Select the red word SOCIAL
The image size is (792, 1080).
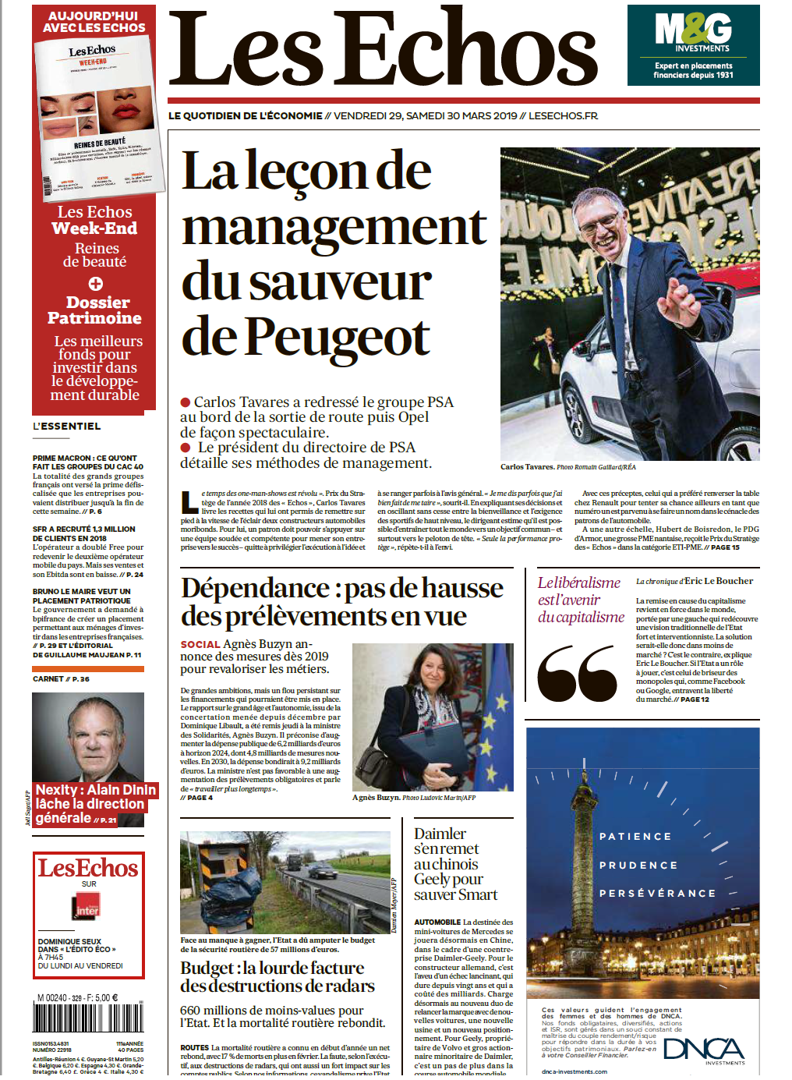tap(200, 645)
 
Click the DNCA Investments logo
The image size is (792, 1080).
tap(705, 1050)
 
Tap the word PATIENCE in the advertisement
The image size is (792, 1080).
tap(635, 837)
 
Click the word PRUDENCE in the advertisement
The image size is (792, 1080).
tap(638, 866)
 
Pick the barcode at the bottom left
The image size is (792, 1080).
tap(87, 1018)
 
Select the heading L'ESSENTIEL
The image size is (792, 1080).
tap(67, 427)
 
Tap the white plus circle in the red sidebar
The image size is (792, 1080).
tap(95, 283)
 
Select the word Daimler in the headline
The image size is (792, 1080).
tap(440, 834)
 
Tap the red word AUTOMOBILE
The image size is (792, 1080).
tap(437, 922)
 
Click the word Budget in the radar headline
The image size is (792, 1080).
tap(207, 968)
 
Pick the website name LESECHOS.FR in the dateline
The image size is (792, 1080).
tap(563, 115)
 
